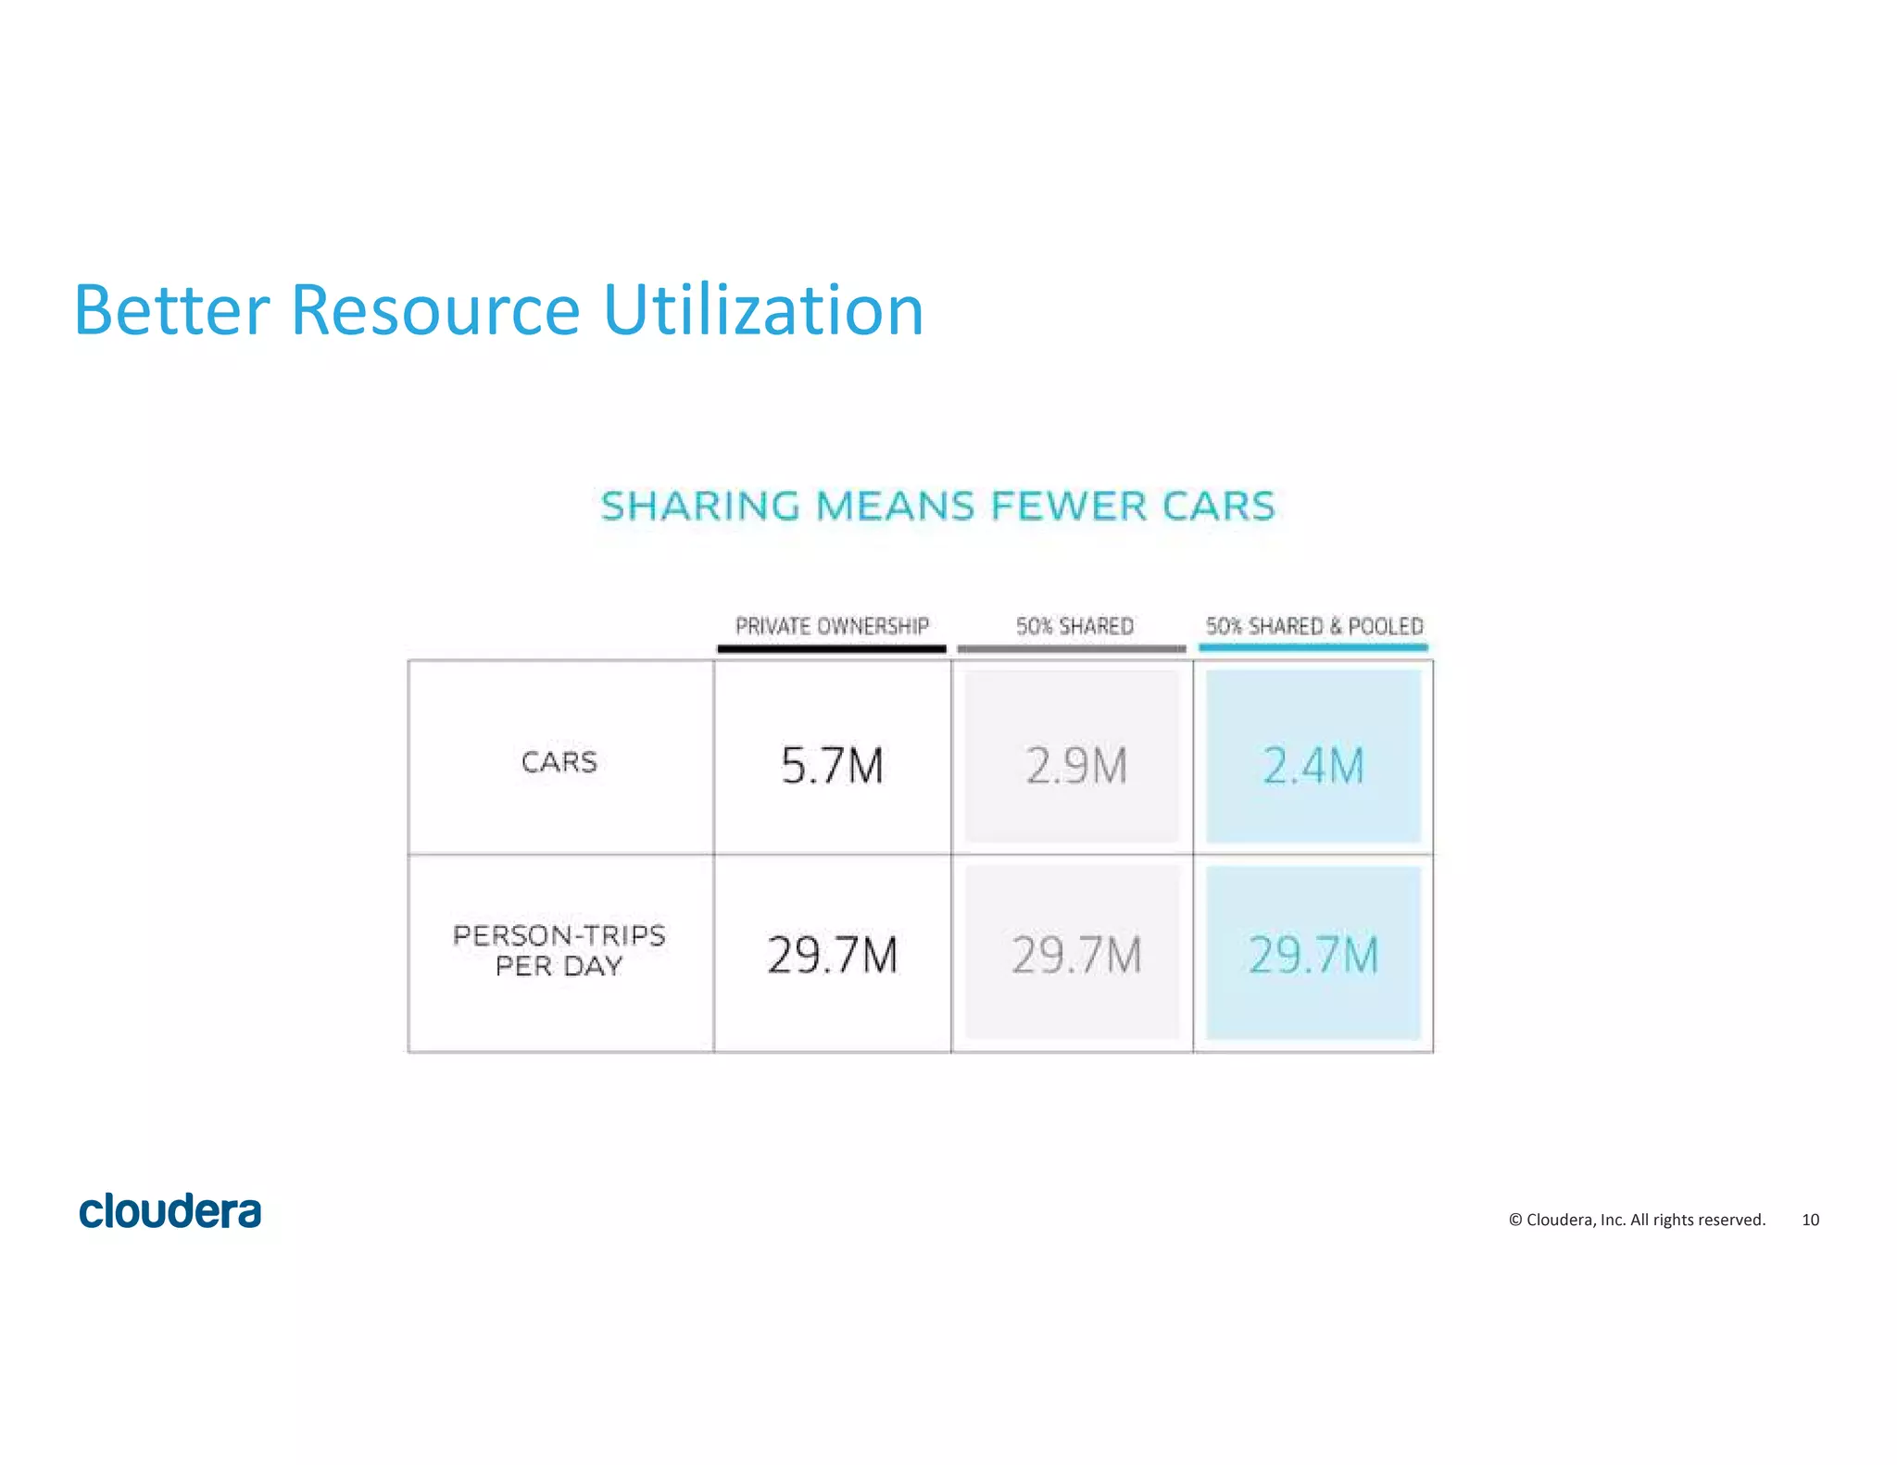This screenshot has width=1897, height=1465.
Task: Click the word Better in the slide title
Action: pos(171,310)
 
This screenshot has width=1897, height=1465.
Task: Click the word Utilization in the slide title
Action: pos(763,310)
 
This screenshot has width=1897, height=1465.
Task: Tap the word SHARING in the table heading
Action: pos(699,507)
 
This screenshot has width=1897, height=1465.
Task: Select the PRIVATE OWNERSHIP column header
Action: pos(832,626)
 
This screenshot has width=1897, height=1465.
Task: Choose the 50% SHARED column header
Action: pos(1074,626)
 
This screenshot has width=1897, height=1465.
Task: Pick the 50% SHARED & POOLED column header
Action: pos(1313,626)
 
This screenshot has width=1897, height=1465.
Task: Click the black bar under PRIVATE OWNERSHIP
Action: pos(832,648)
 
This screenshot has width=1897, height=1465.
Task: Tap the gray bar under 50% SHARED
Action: pos(1072,648)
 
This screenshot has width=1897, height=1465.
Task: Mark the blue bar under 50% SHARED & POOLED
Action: pos(1313,647)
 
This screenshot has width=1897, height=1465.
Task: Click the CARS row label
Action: pos(559,762)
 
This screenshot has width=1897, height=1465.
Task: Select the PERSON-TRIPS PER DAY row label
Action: pos(559,950)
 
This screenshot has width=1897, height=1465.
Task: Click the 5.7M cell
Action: pos(832,766)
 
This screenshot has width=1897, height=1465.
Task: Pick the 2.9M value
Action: pos(1076,766)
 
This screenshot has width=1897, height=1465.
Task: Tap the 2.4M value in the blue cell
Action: pos(1313,766)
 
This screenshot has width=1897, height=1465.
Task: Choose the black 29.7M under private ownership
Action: pos(832,955)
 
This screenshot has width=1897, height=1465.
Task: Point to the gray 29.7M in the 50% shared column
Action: pos(1076,955)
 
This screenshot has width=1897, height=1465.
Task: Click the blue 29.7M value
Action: pos(1313,955)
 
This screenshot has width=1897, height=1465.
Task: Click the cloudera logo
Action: pos(170,1211)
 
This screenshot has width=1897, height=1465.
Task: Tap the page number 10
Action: pos(1810,1220)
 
